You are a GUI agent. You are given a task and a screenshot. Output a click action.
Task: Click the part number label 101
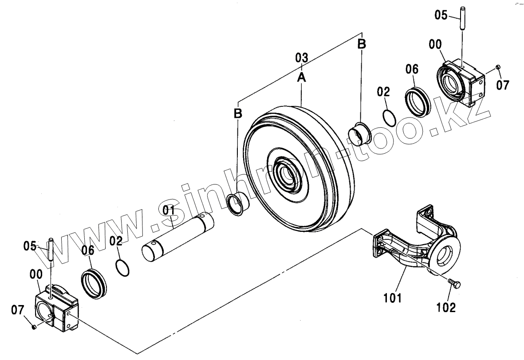pyautogui.click(x=393, y=298)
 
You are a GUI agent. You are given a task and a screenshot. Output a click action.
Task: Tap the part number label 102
pyautogui.click(x=446, y=307)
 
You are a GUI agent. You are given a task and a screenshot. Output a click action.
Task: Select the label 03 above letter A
pyautogui.click(x=301, y=58)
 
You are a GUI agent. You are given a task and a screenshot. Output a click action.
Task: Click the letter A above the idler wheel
pyautogui.click(x=301, y=78)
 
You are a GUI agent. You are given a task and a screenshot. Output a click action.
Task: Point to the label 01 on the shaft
pyautogui.click(x=169, y=210)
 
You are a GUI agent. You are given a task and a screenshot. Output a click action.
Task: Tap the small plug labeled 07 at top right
pyautogui.click(x=498, y=67)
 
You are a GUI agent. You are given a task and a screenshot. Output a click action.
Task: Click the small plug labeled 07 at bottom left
pyautogui.click(x=34, y=327)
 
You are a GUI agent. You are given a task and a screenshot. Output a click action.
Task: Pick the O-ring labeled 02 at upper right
pyautogui.click(x=389, y=118)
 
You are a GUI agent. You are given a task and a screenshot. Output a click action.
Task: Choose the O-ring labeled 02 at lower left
pyautogui.click(x=122, y=267)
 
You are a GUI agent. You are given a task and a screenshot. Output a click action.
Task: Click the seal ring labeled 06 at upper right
pyautogui.click(x=418, y=102)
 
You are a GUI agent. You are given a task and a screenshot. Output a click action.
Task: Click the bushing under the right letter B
pyautogui.click(x=359, y=133)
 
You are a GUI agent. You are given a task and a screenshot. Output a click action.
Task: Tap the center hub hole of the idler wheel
pyautogui.click(x=289, y=172)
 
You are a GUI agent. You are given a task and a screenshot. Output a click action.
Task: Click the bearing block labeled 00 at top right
pyautogui.click(x=461, y=84)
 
